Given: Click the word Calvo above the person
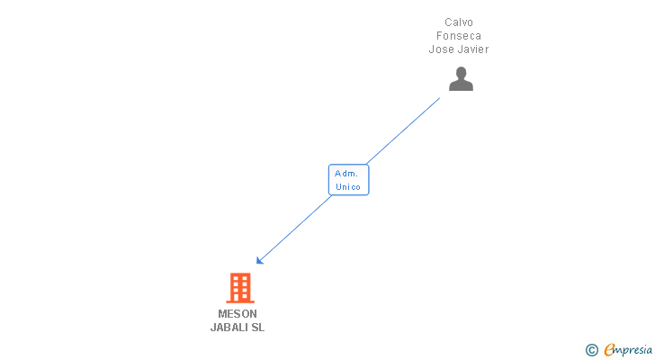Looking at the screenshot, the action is [x=459, y=22].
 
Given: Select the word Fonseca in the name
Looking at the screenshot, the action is [x=459, y=36].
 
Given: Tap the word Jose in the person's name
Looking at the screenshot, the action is [x=442, y=49].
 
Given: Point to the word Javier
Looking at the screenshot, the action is [x=472, y=49].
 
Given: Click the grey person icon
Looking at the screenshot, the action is [x=461, y=79].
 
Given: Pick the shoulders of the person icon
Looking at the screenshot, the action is [x=461, y=86].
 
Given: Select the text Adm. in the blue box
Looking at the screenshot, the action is [x=346, y=173].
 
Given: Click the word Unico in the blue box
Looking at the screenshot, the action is [x=348, y=187].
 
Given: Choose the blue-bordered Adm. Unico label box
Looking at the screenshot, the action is [x=348, y=180].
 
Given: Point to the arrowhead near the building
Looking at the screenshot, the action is [x=259, y=261].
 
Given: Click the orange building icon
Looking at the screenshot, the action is [x=239, y=288].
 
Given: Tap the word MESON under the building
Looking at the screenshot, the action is [x=238, y=314].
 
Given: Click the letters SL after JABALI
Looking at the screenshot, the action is [x=258, y=328].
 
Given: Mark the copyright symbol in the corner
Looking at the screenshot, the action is [x=591, y=350].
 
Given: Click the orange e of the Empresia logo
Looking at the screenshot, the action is [x=609, y=350].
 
